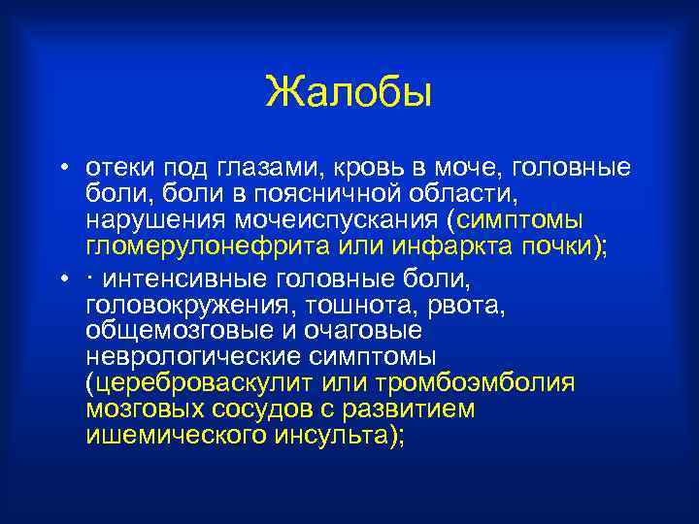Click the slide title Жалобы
[x=349, y=94]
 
